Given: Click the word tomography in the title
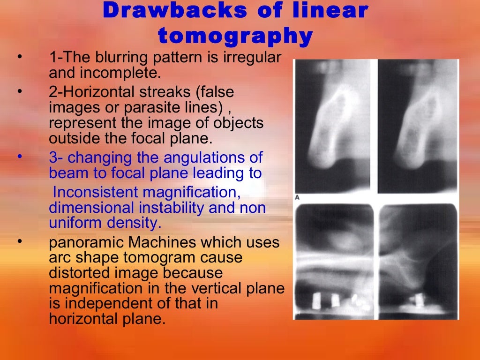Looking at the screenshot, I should click(235, 36).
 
